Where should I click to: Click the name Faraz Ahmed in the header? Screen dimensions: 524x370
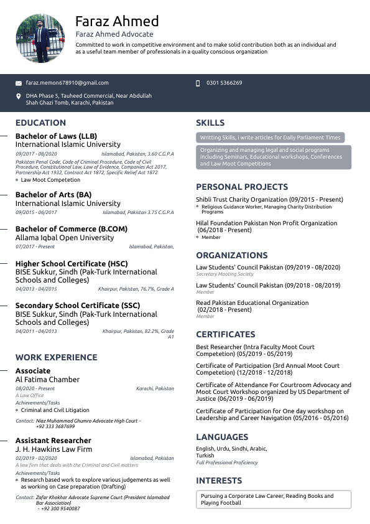[117, 21]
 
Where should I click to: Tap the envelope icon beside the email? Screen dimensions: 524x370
[19, 83]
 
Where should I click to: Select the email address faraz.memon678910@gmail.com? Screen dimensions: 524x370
[67, 83]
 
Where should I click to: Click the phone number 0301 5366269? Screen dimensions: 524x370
[224, 83]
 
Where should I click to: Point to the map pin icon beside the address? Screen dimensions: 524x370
[19, 96]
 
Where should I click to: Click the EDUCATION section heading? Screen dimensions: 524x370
[41, 123]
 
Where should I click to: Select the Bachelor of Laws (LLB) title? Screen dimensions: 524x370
[56, 136]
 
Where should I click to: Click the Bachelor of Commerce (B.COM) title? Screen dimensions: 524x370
[71, 229]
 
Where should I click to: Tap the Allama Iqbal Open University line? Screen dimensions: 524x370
[65, 238]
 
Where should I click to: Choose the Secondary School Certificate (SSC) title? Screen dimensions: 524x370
[78, 306]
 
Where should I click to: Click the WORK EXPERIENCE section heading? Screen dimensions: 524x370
[57, 357]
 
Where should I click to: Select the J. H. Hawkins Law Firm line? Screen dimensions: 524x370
[53, 449]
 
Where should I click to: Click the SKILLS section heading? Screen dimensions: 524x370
[210, 123]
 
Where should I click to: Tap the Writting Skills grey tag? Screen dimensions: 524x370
[270, 138]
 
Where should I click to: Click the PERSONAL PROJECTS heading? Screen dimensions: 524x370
[242, 187]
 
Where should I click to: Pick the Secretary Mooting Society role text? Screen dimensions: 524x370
[224, 274]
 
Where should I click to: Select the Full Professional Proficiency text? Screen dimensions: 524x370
[228, 463]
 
